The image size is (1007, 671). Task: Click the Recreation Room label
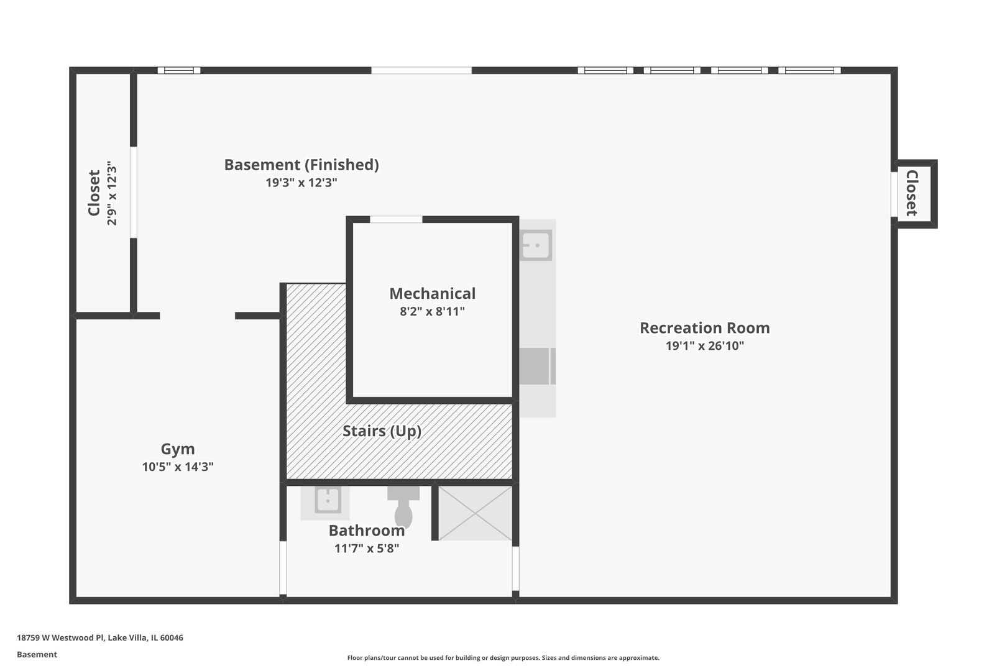pos(704,328)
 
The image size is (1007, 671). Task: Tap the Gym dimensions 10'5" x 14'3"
pos(178,467)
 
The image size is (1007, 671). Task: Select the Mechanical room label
pos(432,293)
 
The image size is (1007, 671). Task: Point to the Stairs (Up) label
pos(382,431)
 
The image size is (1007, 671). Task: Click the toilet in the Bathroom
pos(403,507)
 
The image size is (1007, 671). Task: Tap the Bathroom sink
pos(328,500)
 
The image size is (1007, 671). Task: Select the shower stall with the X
pos(475,513)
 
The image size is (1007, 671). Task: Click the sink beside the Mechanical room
pos(536,245)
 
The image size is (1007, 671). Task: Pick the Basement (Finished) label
pos(301,165)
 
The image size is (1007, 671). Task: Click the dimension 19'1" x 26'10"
pos(704,345)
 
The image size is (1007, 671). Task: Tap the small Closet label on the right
pos(912,193)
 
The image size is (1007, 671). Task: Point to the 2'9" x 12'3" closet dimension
pos(111,193)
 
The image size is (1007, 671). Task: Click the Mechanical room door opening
pos(396,219)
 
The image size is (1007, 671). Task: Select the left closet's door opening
pos(134,192)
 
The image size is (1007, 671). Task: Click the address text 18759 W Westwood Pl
pos(60,637)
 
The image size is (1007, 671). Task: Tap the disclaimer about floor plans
pos(503,657)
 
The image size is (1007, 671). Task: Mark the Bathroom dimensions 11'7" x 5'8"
pos(366,549)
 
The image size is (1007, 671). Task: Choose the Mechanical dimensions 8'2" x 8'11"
pos(432,311)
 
